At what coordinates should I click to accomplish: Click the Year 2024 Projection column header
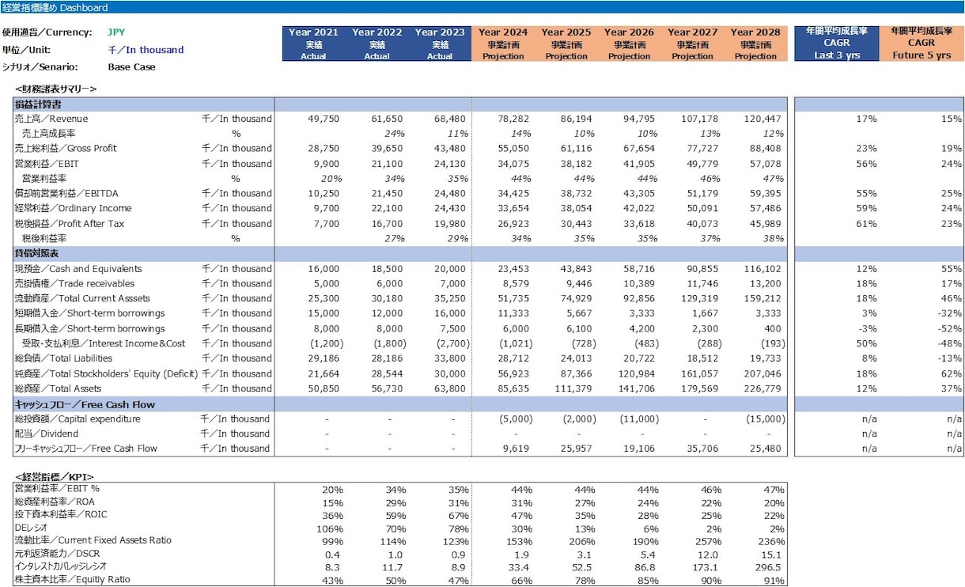point(503,44)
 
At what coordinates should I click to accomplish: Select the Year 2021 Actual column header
point(313,44)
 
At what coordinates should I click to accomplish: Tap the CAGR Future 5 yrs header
point(921,43)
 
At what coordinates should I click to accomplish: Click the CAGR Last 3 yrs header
point(837,43)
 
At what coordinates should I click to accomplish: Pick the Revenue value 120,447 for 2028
point(762,119)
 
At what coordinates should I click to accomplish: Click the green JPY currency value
point(116,32)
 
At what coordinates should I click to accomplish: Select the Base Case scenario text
point(131,67)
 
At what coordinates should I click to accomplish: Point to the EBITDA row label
point(66,194)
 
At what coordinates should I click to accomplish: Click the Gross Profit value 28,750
point(323,149)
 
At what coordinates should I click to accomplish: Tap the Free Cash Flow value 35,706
point(702,449)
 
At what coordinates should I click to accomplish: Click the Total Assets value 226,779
point(762,388)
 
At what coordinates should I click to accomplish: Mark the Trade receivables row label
point(74,283)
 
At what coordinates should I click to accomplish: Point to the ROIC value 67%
point(459,516)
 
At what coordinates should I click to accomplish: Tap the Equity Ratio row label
point(73,579)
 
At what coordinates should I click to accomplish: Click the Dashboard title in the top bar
point(55,7)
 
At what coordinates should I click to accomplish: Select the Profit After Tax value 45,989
point(765,224)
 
